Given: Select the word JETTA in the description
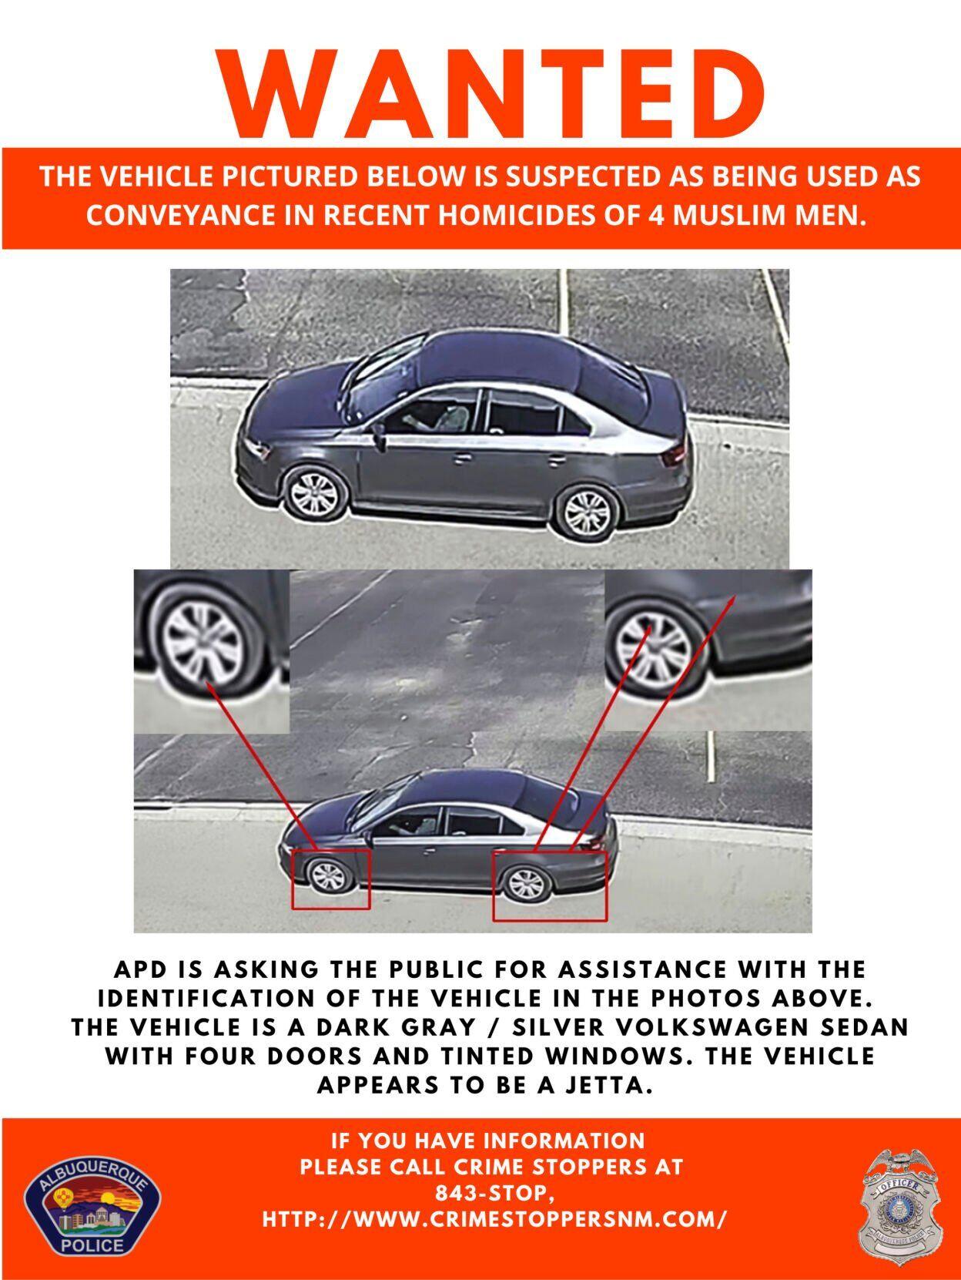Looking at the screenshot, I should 608,1085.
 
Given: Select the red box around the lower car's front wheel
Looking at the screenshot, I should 330,879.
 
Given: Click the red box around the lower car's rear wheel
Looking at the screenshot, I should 550,886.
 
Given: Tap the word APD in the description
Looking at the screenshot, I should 142,969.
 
